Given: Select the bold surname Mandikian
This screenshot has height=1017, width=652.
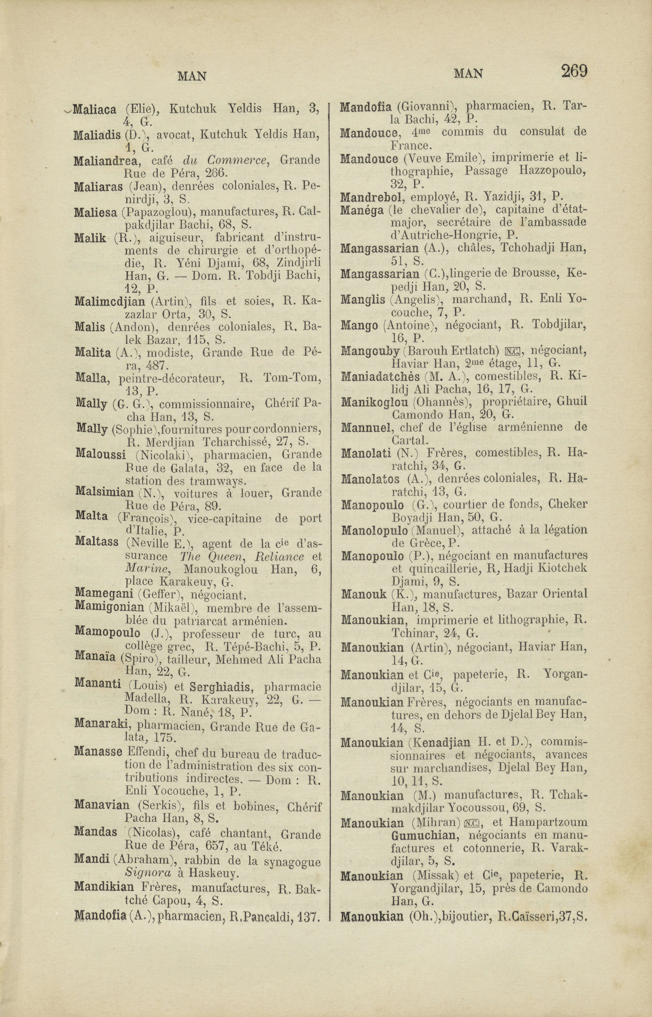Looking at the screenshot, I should [x=104, y=886].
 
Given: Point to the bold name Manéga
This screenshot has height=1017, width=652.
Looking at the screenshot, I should [x=362, y=210].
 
